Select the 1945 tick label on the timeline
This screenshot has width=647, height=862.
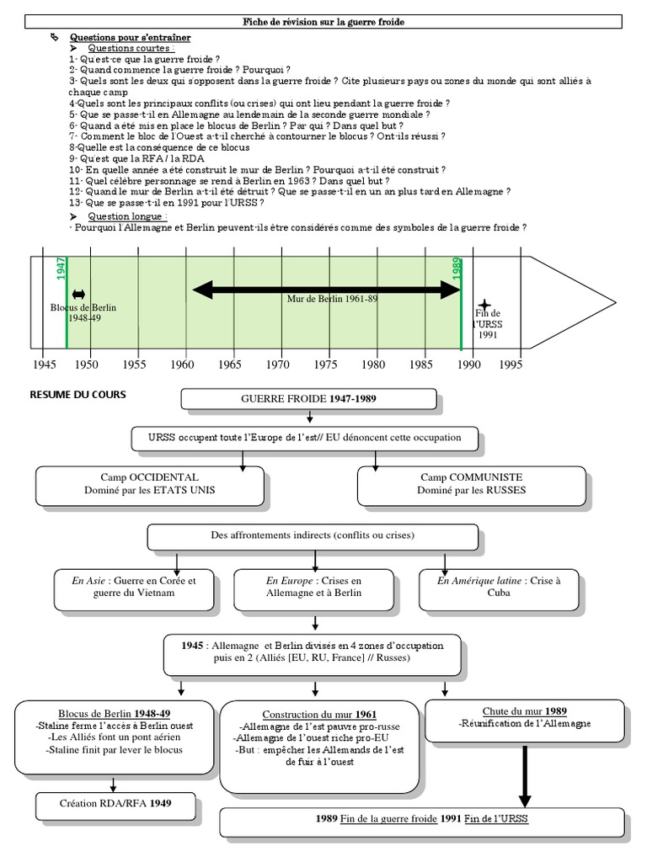(x=42, y=364)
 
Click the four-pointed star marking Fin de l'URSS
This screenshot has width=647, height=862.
(x=484, y=305)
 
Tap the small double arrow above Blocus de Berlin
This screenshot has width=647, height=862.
(x=79, y=294)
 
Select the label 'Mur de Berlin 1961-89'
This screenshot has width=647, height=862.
(x=321, y=298)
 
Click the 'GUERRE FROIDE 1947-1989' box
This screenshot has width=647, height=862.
(x=309, y=398)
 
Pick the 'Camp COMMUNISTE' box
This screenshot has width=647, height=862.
(x=472, y=482)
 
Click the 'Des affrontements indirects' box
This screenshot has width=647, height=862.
(x=313, y=536)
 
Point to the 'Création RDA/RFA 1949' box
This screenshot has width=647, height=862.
(x=116, y=803)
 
